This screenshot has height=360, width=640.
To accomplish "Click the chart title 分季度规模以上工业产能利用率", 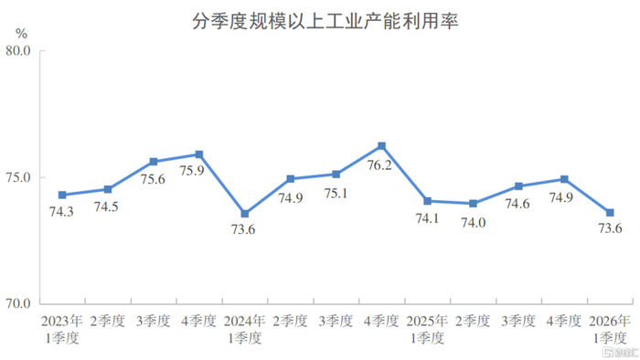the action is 325,22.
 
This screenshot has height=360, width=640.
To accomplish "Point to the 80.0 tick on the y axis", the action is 18,50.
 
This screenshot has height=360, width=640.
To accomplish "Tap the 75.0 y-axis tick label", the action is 18,178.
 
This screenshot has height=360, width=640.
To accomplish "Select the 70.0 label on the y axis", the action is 18,303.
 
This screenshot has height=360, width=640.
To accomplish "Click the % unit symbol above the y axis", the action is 21,34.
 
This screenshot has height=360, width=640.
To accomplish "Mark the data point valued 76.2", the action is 381,146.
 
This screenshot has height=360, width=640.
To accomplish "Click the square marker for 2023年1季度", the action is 62,195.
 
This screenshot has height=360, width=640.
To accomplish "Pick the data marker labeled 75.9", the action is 199,154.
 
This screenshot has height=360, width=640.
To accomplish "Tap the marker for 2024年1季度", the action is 245,214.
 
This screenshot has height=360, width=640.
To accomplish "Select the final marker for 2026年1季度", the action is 610,213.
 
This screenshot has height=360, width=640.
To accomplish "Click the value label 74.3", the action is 61,212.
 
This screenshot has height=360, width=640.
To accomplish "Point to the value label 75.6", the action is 153,179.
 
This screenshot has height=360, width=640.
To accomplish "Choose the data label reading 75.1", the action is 336,194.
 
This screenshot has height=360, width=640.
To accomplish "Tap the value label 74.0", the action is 474,223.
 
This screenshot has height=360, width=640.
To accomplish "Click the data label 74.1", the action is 427,218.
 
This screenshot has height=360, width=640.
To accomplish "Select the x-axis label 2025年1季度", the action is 427,330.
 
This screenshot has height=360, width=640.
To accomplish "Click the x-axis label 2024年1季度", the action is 244,330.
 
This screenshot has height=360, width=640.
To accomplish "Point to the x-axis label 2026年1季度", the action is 610,330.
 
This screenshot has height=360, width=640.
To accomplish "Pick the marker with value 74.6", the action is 518,186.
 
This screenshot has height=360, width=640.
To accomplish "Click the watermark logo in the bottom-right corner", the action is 621,353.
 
